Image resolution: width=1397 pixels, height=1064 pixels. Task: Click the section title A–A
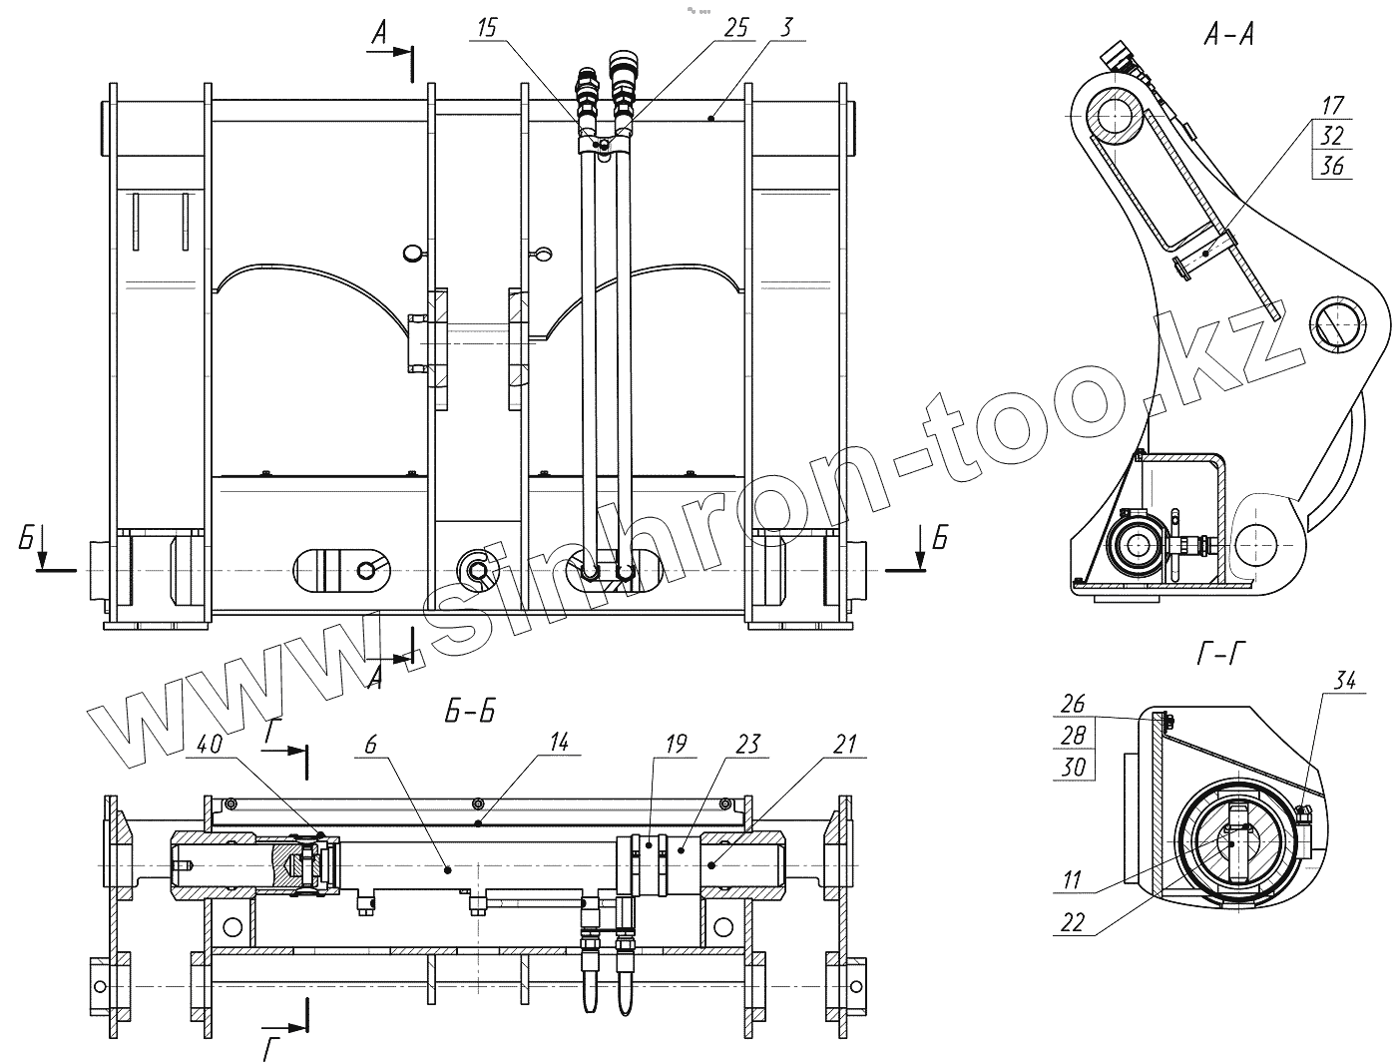tap(1228, 36)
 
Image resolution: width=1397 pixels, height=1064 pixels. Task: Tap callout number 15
tap(487, 28)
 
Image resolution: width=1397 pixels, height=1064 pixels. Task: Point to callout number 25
tap(735, 28)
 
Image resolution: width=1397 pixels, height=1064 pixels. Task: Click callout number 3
tap(786, 28)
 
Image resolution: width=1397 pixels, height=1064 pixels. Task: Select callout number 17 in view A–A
tap(1332, 106)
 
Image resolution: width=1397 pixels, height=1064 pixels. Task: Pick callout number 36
tap(1332, 166)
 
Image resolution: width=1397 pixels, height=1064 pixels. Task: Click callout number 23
tap(748, 744)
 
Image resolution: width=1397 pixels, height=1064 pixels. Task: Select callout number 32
tap(1332, 136)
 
